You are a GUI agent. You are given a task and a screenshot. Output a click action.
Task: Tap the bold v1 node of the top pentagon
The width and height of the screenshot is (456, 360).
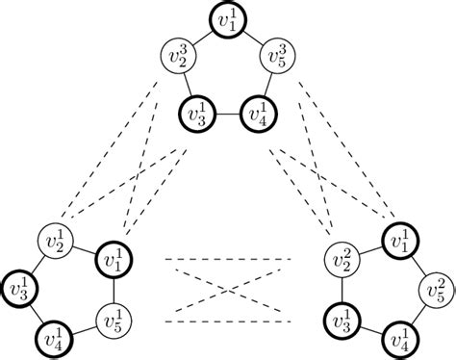tap(228, 22)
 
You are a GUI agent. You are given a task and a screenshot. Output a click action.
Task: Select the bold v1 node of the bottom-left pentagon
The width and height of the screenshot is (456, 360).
tap(114, 260)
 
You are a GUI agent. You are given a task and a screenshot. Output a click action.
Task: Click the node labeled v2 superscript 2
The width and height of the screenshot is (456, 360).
tap(342, 260)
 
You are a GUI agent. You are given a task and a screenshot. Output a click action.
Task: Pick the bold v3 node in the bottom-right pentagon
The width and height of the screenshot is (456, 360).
tap(342, 319)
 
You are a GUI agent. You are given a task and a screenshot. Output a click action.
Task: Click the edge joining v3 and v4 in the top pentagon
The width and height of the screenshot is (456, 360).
tap(228, 114)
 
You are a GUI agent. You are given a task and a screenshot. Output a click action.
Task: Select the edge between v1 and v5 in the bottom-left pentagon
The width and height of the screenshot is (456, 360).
tap(114, 289)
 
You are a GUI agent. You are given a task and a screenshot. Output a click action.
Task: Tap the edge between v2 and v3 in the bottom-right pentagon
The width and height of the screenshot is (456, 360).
tap(342, 289)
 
